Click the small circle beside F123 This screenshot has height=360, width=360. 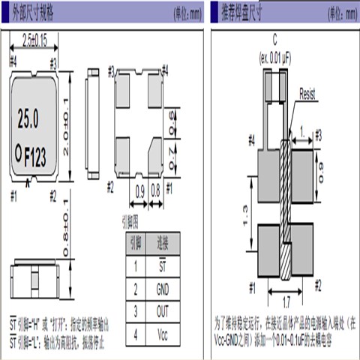coord(21,153)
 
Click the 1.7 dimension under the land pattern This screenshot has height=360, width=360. coord(287,303)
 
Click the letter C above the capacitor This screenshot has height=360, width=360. coord(275,46)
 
